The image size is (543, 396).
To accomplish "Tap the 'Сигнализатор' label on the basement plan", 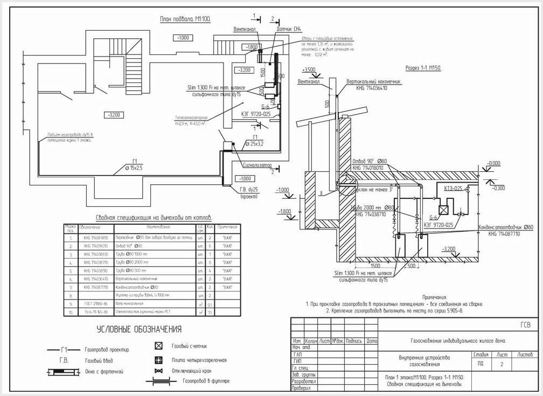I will (258, 165).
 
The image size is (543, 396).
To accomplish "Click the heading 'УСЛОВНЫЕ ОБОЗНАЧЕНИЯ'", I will (139, 329).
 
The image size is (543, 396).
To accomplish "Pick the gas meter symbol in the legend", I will (158, 346).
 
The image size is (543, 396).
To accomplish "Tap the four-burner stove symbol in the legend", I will (158, 360).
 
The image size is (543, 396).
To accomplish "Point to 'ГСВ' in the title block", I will (525, 325).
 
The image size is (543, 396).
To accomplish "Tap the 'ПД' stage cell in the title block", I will (481, 363).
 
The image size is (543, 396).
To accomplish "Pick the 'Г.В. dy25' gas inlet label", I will (249, 190).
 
